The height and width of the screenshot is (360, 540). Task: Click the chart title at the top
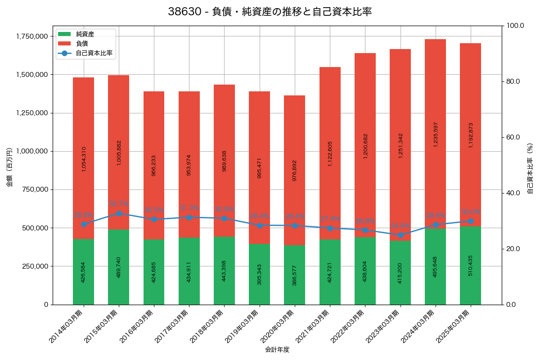[270, 12]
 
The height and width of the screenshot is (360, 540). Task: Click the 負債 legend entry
[82, 44]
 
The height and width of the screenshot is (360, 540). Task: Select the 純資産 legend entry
[85, 34]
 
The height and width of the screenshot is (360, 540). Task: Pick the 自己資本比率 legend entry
[94, 53]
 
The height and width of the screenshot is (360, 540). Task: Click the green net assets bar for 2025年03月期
[470, 265]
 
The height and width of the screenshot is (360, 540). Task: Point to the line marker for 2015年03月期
[119, 213]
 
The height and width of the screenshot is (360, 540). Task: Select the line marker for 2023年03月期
[400, 235]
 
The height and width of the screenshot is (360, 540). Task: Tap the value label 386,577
[295, 275]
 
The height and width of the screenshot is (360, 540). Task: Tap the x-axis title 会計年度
[277, 350]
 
